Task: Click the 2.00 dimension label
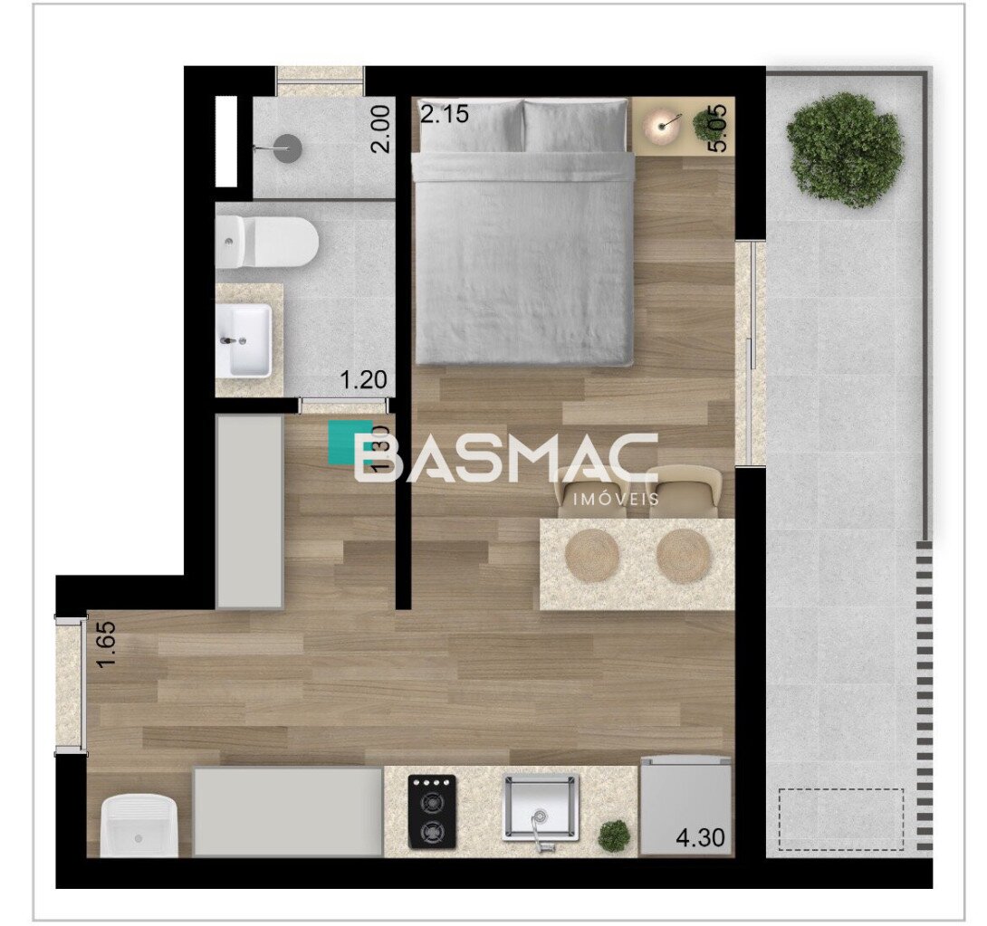[x=381, y=129]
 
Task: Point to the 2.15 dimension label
[x=445, y=114]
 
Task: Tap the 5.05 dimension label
[x=717, y=129]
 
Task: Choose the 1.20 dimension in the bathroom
[x=363, y=380]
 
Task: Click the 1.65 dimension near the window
[x=106, y=646]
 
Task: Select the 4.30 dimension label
[x=700, y=837]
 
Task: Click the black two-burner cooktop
[x=432, y=812]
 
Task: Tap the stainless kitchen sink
[x=541, y=808]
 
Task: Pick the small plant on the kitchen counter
[x=612, y=835]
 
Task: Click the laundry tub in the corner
[x=139, y=826]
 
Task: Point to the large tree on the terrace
[x=843, y=149]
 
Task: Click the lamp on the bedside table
[x=662, y=128]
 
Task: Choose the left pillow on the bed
[x=468, y=125]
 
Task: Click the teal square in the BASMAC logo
[x=350, y=442]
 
